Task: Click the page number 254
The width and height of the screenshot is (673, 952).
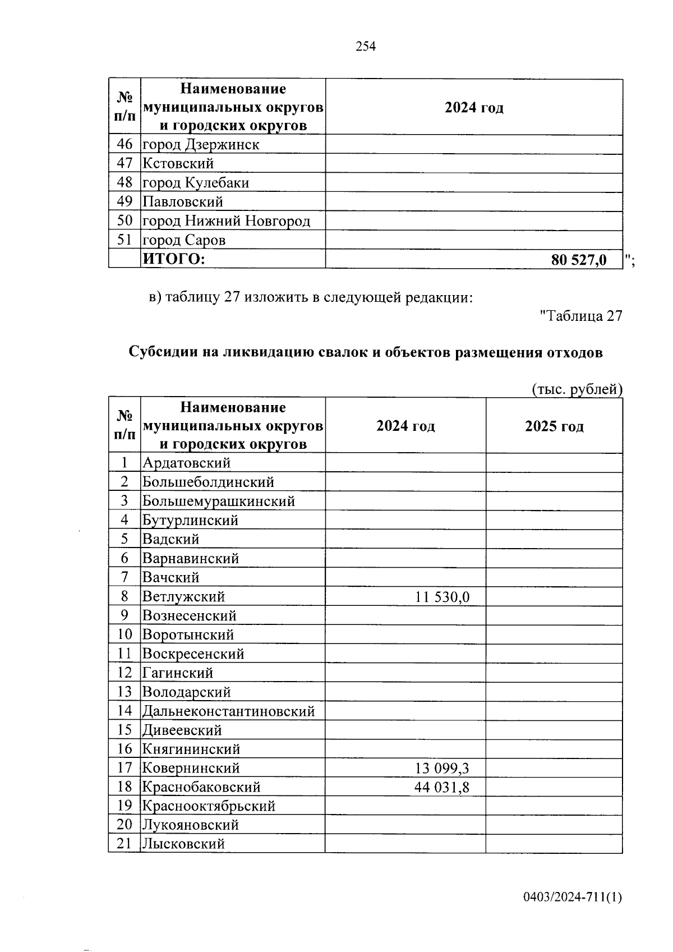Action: pyautogui.click(x=366, y=47)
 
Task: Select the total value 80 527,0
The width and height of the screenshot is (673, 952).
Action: pyautogui.click(x=579, y=260)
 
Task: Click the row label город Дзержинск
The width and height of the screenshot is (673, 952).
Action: pyautogui.click(x=201, y=145)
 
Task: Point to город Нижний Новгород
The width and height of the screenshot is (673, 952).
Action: pyautogui.click(x=226, y=221)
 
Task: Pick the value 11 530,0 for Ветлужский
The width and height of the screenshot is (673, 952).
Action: pyautogui.click(x=442, y=597)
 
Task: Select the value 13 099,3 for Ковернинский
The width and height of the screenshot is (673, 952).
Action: pyautogui.click(x=442, y=768)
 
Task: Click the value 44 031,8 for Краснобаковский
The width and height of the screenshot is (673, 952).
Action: pyautogui.click(x=442, y=787)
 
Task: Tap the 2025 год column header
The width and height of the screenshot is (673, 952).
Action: pyautogui.click(x=554, y=426)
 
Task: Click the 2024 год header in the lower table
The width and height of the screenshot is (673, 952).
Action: pyautogui.click(x=405, y=426)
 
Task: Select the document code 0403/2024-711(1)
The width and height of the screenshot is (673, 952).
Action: pyautogui.click(x=573, y=898)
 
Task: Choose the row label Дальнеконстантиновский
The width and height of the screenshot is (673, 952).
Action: pyautogui.click(x=228, y=711)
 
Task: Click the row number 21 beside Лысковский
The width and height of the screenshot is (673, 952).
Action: pyautogui.click(x=125, y=843)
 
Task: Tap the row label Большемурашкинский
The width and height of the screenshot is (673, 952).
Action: pyautogui.click(x=219, y=501)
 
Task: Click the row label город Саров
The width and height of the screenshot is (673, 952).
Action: pyautogui.click(x=184, y=240)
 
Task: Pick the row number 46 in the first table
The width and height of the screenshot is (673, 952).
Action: pyautogui.click(x=125, y=144)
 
